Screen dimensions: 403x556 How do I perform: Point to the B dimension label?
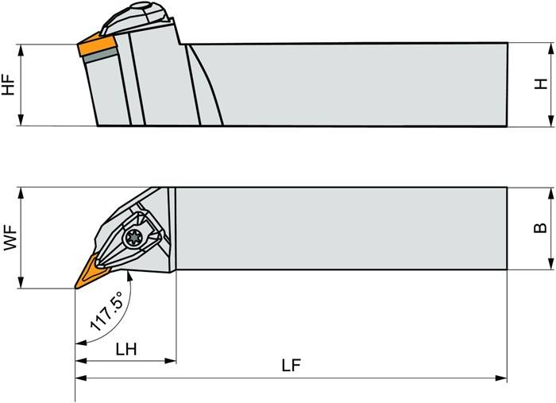point(541,228)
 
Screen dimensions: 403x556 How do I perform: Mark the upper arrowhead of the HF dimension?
point(23,48)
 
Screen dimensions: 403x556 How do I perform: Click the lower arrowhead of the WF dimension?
point(23,284)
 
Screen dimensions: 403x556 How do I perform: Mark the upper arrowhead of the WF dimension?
point(23,192)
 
